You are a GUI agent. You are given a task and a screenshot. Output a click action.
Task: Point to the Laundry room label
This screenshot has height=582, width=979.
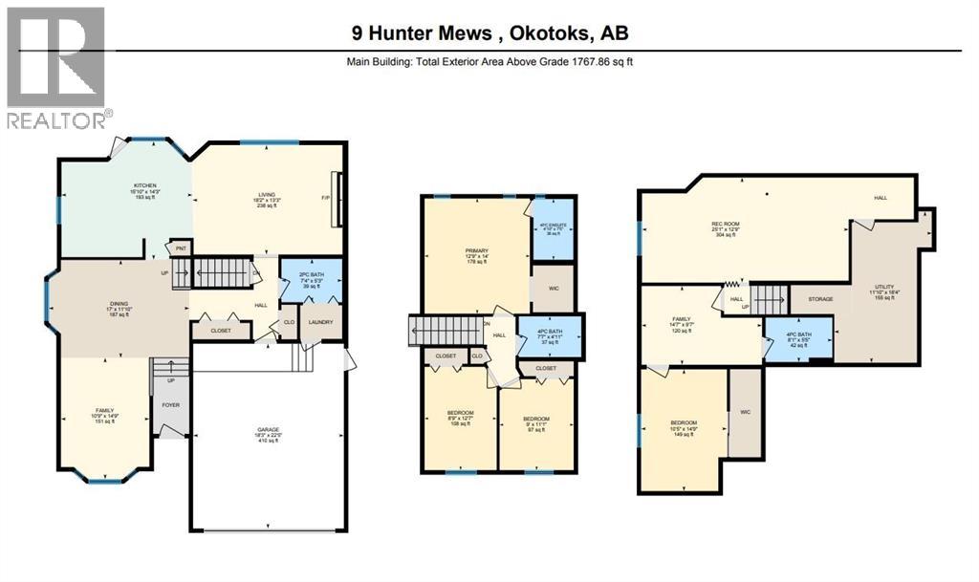click(x=320, y=322)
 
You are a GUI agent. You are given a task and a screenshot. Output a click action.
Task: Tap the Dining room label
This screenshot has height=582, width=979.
click(x=119, y=306)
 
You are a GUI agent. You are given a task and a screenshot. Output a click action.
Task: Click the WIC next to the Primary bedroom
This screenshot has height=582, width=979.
click(x=552, y=289)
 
